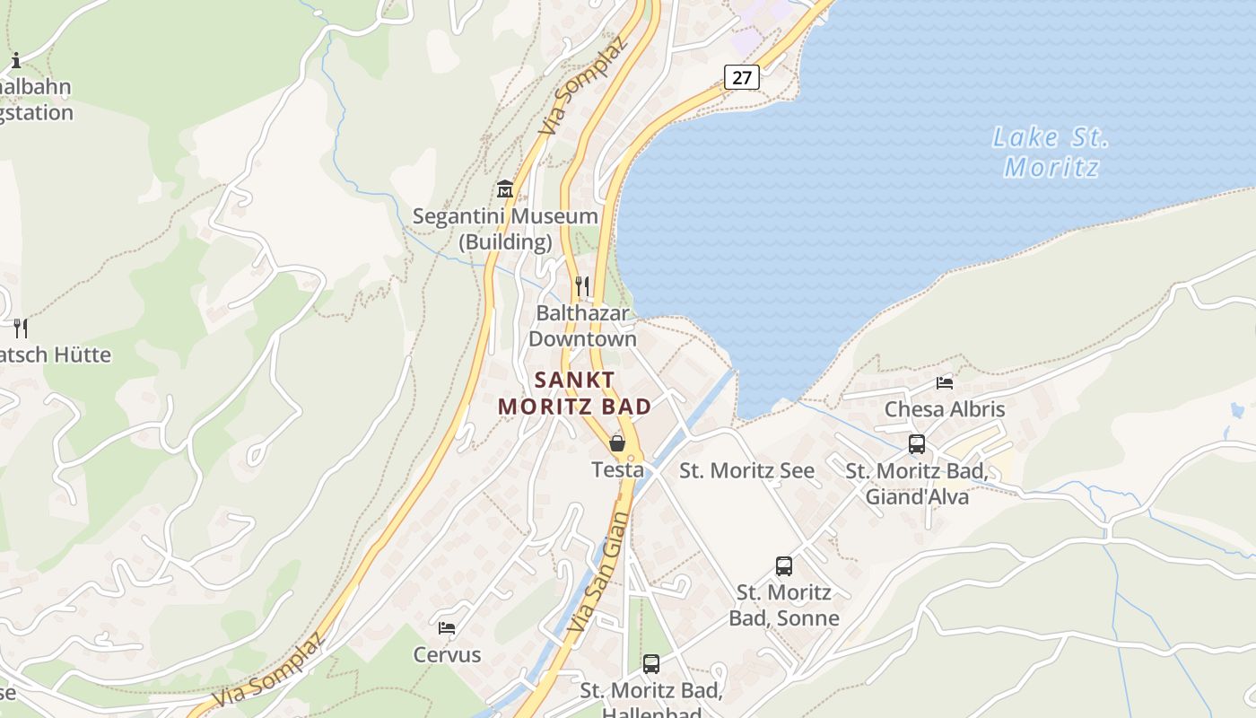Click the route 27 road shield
[742, 77]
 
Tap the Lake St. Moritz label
[1051, 153]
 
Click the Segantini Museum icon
[505, 189]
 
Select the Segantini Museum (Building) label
[505, 229]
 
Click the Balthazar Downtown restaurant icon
[582, 286]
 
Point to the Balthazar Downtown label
[582, 326]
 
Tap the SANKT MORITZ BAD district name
[575, 393]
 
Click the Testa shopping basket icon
[617, 442]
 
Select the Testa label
[617, 469]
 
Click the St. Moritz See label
[746, 470]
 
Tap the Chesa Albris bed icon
[945, 383]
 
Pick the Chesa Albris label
[945, 409]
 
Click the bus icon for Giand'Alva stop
[917, 443]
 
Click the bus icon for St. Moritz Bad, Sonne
[784, 566]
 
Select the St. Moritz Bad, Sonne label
[784, 605]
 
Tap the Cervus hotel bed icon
[447, 628]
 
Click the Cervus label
[447, 655]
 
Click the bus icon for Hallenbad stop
[651, 664]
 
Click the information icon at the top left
[15, 60]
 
